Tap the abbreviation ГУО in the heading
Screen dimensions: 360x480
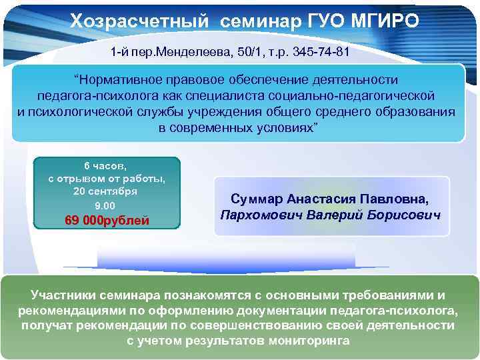[x=315, y=22]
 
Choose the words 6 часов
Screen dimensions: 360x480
[x=105, y=165]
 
